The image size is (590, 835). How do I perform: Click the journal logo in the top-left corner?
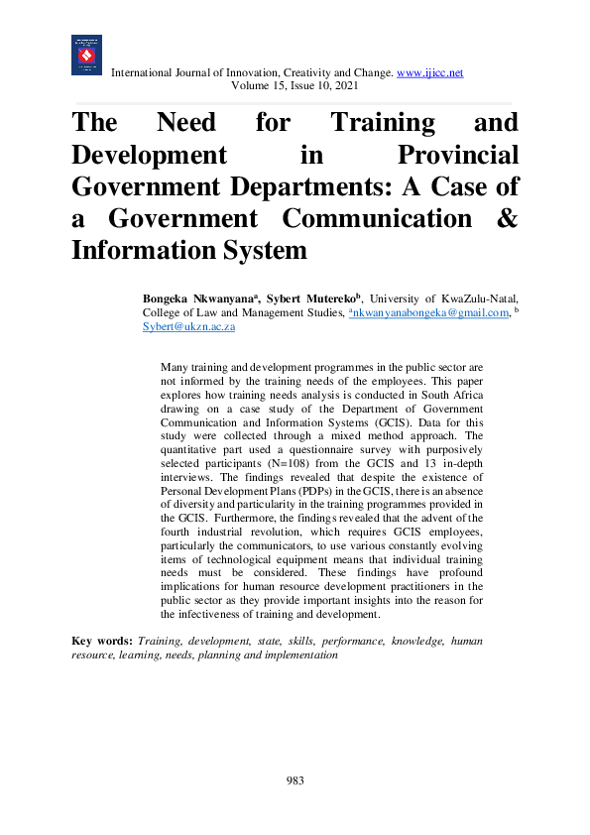point(86,55)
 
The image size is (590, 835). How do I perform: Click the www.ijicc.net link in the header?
point(429,73)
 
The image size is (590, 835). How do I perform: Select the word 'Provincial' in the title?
point(457,156)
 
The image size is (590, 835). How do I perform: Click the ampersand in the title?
point(506,218)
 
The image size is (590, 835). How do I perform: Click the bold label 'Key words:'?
point(102,642)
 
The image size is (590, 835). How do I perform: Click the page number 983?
point(295,780)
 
